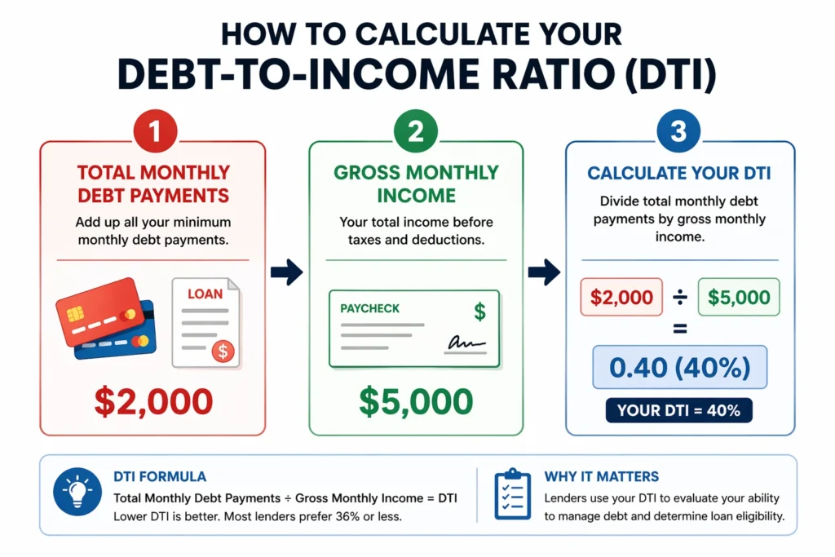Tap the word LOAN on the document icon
coord(205,293)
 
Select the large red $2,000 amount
coord(153,401)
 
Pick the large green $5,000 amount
coord(416,401)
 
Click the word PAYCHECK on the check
coord(371,309)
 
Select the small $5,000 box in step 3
coord(739,298)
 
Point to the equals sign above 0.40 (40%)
coord(678,330)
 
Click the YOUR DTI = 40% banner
coord(678,410)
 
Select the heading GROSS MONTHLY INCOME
coord(416,184)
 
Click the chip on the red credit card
coord(73,314)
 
